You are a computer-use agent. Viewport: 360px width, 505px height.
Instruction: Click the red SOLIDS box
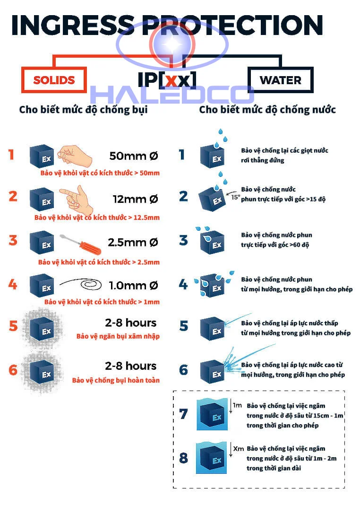[x=54, y=80]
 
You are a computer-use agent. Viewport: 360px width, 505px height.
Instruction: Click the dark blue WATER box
[x=280, y=79]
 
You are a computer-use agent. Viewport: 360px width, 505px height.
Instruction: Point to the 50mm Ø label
[x=133, y=155]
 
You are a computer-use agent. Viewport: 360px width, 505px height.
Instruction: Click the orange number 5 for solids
[x=13, y=326]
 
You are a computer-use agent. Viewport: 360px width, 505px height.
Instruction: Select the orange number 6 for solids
[x=13, y=369]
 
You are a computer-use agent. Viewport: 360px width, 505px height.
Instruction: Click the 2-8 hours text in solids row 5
[x=130, y=323]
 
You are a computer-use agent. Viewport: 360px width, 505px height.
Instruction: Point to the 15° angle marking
[x=235, y=198]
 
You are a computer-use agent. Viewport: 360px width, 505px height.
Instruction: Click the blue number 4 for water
[x=183, y=284]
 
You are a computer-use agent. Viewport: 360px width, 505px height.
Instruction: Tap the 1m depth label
[x=237, y=405]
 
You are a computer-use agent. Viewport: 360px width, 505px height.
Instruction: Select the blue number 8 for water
[x=183, y=458]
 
